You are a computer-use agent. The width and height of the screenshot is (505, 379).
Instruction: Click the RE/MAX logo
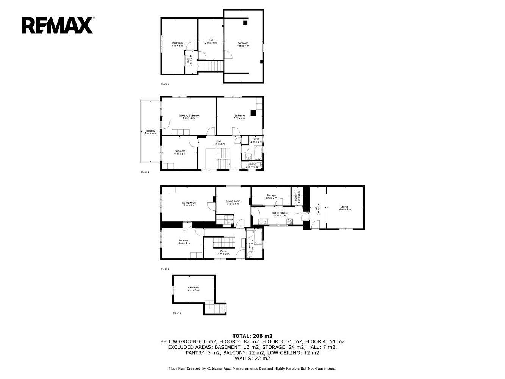[58, 25]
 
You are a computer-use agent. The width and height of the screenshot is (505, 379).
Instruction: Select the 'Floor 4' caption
[165, 84]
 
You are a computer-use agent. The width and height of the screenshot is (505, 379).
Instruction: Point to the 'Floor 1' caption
[177, 313]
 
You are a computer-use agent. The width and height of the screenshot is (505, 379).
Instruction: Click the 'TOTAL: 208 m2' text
[252, 336]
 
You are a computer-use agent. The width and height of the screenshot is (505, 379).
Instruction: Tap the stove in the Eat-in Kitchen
[290, 222]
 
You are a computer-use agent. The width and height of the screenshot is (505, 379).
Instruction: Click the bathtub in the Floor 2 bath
[258, 236]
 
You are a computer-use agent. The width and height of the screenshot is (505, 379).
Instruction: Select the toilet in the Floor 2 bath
[250, 254]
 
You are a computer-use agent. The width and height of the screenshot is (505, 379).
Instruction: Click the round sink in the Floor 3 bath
[248, 157]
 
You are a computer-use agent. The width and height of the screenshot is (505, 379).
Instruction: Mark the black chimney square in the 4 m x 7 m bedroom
[245, 23]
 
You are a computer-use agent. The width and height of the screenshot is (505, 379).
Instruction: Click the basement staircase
[215, 307]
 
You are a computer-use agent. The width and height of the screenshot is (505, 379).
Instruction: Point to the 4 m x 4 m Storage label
[345, 208]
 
